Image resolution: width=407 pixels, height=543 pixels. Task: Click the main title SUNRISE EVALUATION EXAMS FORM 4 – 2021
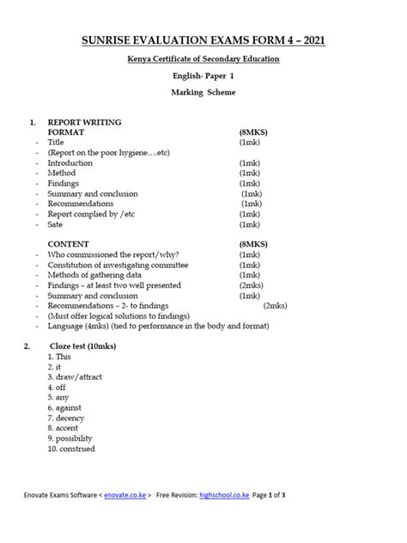tap(203, 40)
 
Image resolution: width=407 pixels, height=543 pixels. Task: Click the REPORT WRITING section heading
tap(84, 122)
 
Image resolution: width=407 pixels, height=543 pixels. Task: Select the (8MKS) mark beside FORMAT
tap(254, 132)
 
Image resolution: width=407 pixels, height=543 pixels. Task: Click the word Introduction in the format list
tap(73, 162)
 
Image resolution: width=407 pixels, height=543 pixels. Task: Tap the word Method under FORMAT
tap(62, 173)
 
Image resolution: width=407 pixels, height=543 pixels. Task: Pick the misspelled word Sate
tap(57, 224)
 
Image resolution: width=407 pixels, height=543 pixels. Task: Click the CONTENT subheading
tap(70, 245)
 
